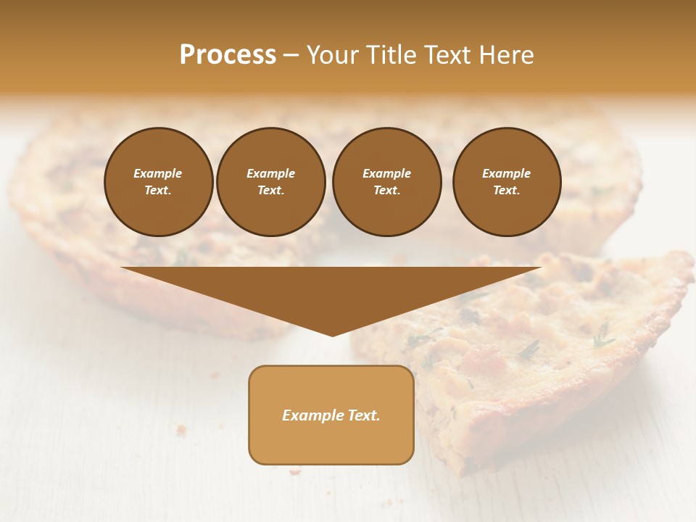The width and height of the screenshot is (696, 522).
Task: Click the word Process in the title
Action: tap(228, 55)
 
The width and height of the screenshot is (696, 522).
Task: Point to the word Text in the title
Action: tap(448, 55)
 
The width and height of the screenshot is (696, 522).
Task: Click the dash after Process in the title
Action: tap(291, 56)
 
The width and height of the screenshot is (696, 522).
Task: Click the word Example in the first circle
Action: tap(158, 173)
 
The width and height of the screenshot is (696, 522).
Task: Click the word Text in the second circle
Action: tap(270, 191)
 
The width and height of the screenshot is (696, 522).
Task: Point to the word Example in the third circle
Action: tap(386, 173)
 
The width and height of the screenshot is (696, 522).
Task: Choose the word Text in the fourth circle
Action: tap(506, 191)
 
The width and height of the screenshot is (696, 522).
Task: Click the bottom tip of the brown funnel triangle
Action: tap(332, 335)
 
